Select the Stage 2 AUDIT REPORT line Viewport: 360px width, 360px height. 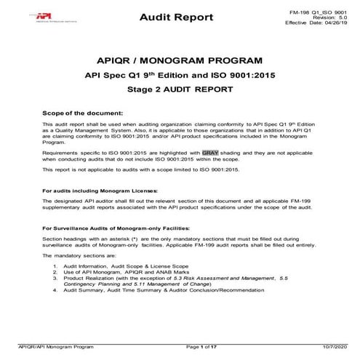[180, 92]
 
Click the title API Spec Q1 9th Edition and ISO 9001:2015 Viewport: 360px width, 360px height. [180, 76]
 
